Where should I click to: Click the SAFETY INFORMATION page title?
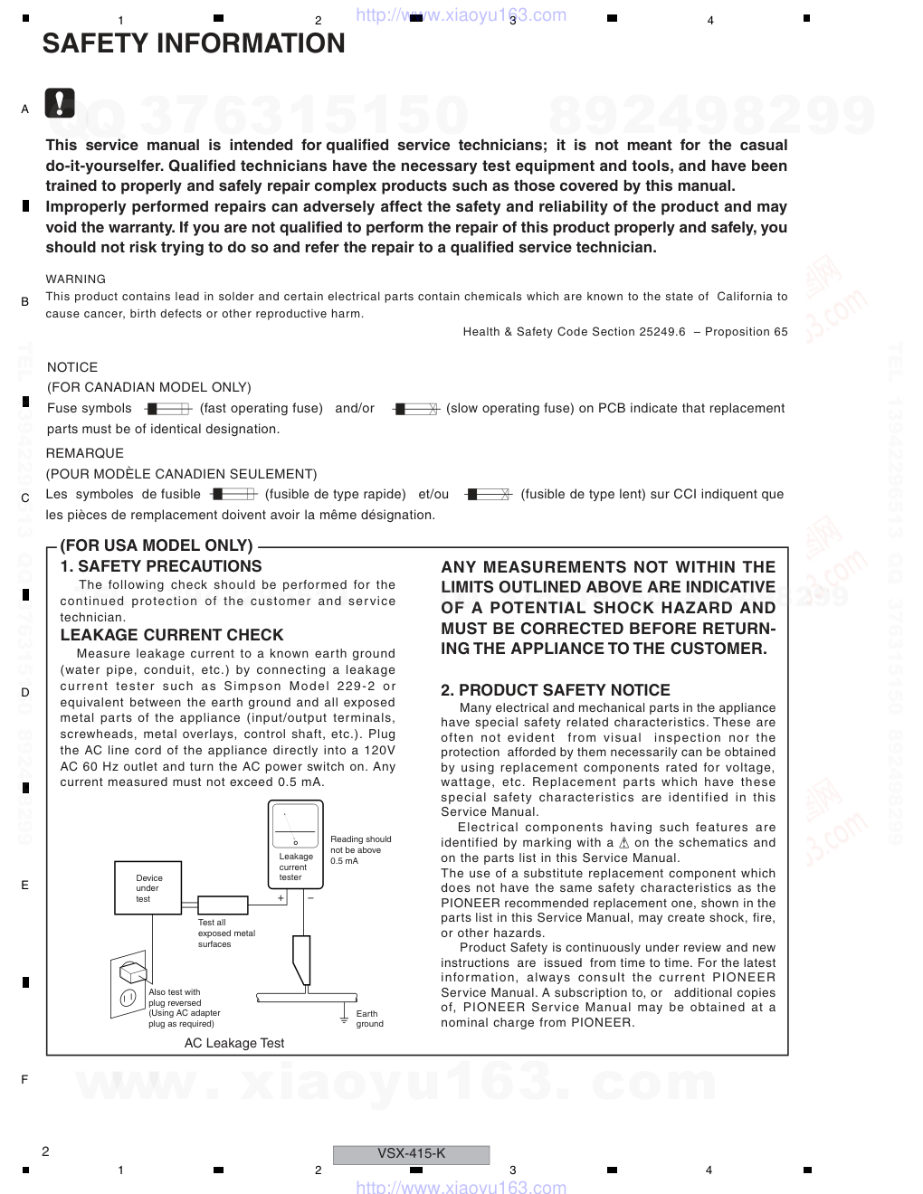pos(194,43)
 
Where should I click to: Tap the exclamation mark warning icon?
pos(60,105)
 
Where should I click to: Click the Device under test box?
pos(148,888)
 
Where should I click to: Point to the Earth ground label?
pos(369,1019)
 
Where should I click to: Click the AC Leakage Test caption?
pos(234,1043)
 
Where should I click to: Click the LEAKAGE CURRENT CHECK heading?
pos(172,635)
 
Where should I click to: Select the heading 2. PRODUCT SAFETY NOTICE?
pos(556,690)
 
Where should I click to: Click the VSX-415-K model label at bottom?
pos(411,1153)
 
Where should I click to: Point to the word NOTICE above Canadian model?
pos(72,367)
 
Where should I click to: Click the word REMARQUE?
pos(85,453)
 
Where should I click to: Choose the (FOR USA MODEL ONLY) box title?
pos(157,545)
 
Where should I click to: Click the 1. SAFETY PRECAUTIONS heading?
pos(161,566)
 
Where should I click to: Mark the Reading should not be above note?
pos(360,849)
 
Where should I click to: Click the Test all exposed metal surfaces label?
pos(226,933)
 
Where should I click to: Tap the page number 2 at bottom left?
pos(45,1151)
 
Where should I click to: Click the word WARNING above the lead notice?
pos(76,280)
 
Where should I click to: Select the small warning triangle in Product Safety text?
pos(623,843)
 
